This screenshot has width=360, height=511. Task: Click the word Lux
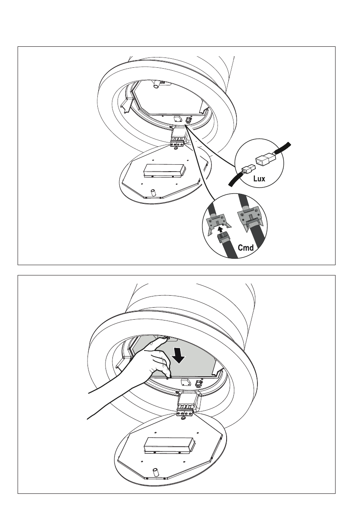pos(259,178)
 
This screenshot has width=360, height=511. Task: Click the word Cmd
pos(246,247)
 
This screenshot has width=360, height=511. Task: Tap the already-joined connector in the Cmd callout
pos(248,219)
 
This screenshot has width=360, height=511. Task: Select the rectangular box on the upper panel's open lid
pos(164,171)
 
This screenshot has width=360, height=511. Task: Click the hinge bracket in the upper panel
pos(178,140)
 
